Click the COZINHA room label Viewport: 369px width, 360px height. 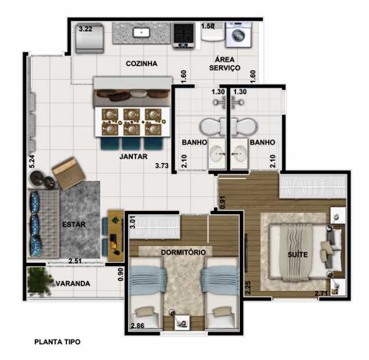142,64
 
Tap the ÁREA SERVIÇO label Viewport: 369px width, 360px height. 224,64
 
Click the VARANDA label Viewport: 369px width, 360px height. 72,284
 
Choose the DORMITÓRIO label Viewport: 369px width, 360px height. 183,252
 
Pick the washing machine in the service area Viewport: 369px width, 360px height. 238,34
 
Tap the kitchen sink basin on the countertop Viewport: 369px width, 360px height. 141,32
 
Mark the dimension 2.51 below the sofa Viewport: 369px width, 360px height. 75,261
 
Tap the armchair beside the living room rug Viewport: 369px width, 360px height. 69,172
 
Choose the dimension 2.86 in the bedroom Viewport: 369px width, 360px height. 139,326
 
